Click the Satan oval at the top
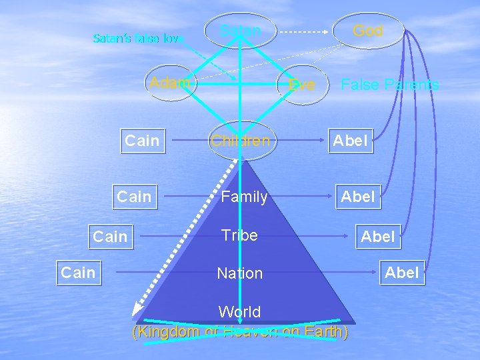(x=241, y=31)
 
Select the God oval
(x=368, y=31)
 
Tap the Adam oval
(x=170, y=83)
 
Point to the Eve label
(x=302, y=85)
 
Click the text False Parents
(x=389, y=85)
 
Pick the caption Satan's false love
(x=138, y=38)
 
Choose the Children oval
(x=241, y=141)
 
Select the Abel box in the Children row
(x=350, y=141)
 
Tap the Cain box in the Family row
(x=134, y=197)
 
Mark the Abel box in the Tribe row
(x=378, y=237)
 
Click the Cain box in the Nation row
(x=78, y=272)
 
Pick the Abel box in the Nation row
(x=402, y=272)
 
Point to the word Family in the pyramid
(x=245, y=197)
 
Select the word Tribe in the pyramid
(x=239, y=236)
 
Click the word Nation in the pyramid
(x=240, y=273)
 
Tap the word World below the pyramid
(x=240, y=312)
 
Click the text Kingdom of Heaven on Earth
(x=240, y=332)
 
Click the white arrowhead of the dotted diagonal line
(x=138, y=308)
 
